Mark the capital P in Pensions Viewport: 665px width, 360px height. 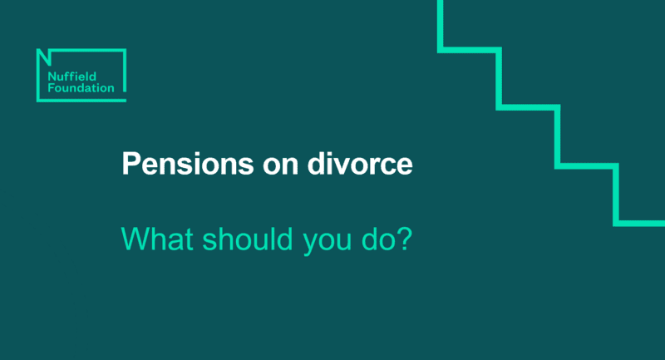tap(130, 163)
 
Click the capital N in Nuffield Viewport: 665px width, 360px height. tap(43, 73)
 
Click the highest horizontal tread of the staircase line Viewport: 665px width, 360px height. tap(469, 50)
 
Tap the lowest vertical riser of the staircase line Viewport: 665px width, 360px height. tap(616, 194)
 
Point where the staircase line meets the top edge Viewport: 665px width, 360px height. tap(440, 2)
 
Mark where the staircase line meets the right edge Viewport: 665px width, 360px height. tap(663, 223)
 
